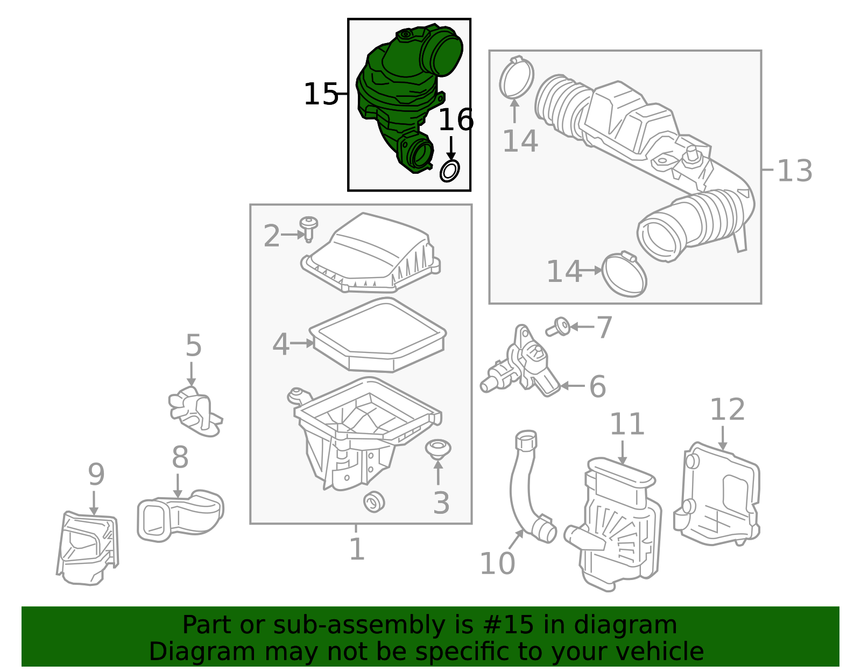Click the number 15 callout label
(x=321, y=94)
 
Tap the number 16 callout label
(x=456, y=119)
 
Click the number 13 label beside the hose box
(x=795, y=171)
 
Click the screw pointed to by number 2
(x=309, y=229)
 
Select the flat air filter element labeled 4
(x=378, y=335)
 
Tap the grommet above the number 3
(x=438, y=449)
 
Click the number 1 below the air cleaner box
(x=357, y=549)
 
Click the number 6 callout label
(x=597, y=386)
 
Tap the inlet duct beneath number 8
(x=180, y=515)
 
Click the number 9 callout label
(x=96, y=474)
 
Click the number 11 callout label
(x=627, y=424)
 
